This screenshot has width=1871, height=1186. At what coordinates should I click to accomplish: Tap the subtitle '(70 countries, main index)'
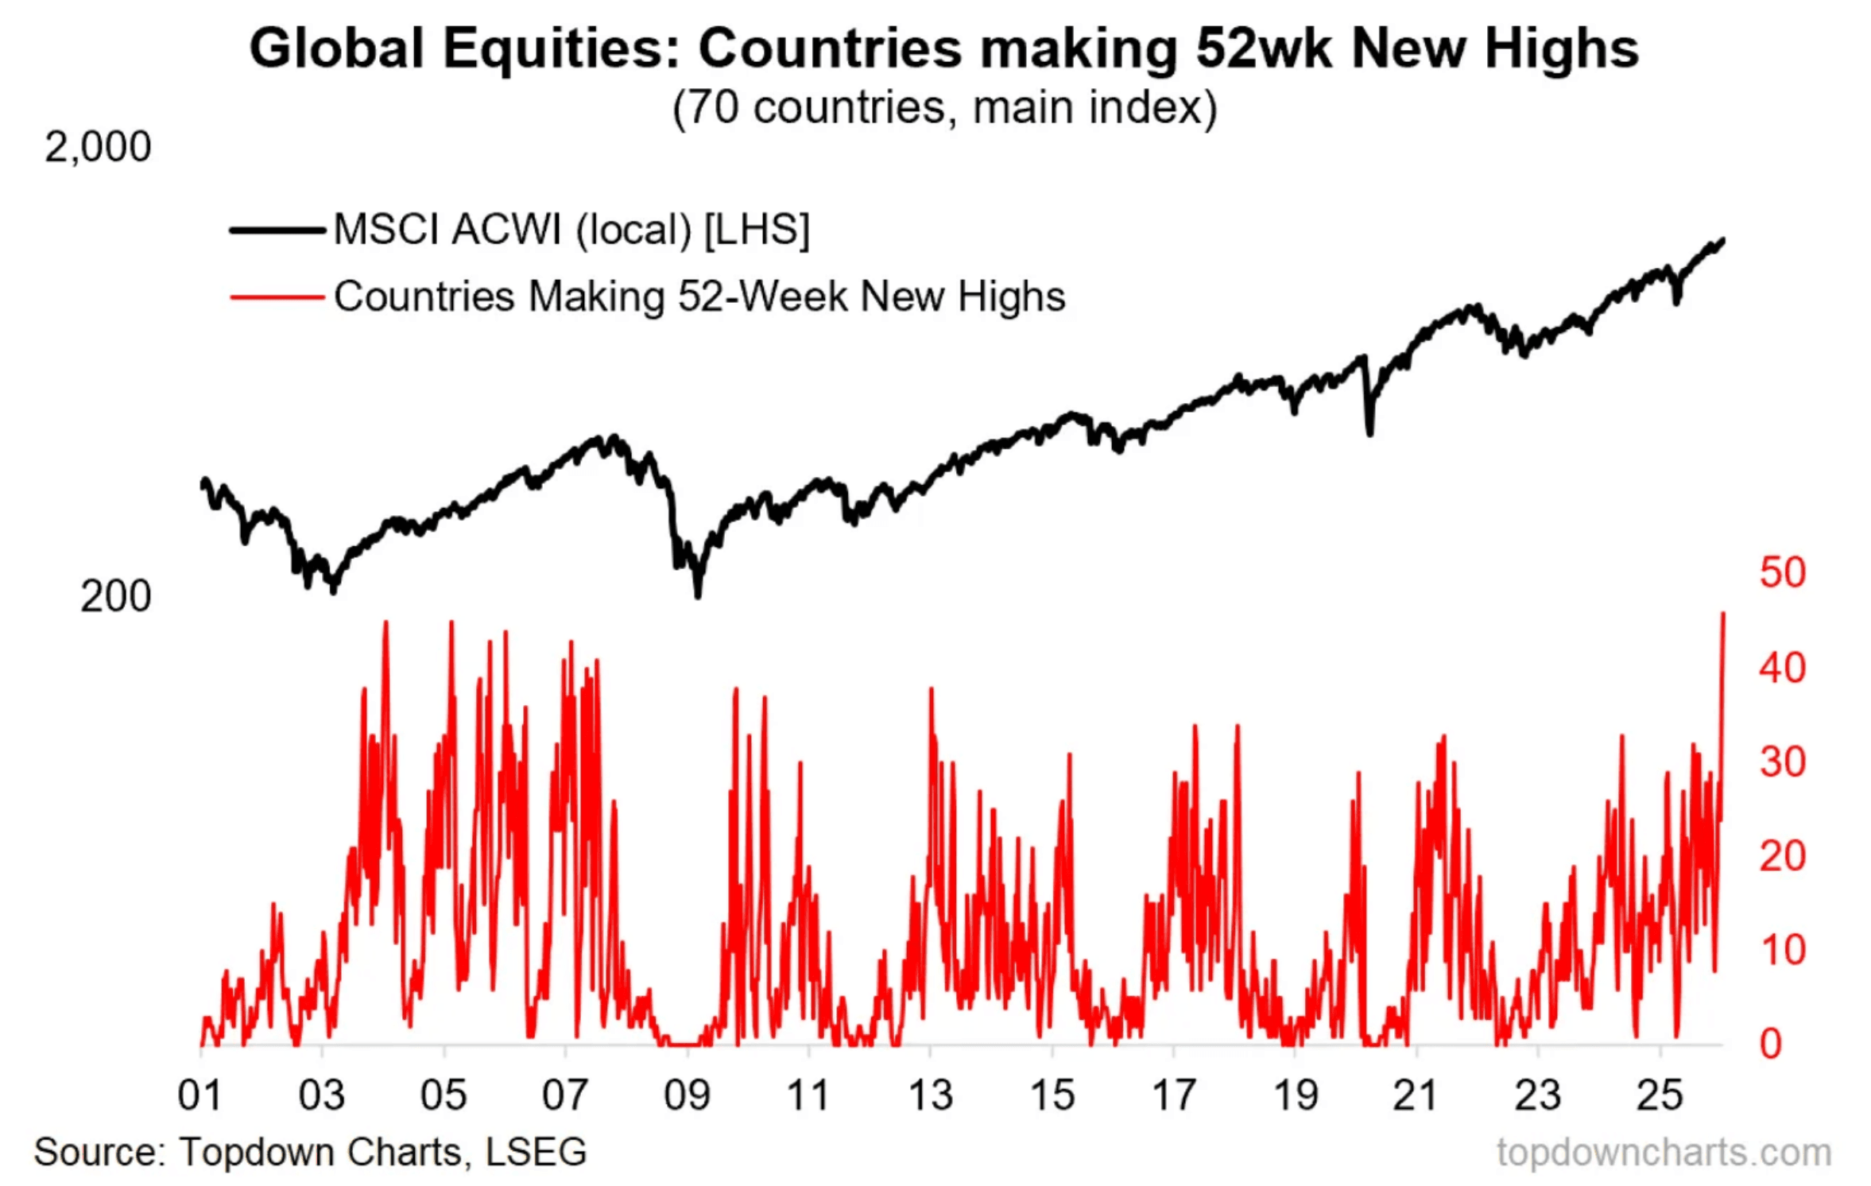point(944,107)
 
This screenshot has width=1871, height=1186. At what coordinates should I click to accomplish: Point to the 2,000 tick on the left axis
point(98,147)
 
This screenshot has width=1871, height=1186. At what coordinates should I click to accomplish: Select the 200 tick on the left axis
point(115,596)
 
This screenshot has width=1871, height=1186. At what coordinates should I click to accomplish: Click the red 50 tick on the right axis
point(1783,572)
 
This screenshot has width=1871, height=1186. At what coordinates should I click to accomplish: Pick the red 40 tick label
point(1783,668)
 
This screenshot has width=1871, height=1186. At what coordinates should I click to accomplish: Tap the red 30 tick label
point(1783,762)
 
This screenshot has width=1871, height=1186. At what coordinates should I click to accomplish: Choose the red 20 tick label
point(1783,856)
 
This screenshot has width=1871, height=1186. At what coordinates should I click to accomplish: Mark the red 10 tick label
point(1783,950)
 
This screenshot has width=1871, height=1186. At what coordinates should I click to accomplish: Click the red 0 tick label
point(1771,1044)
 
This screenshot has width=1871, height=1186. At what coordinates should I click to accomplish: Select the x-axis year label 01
point(199,1095)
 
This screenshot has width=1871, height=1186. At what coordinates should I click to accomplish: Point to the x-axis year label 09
point(687,1095)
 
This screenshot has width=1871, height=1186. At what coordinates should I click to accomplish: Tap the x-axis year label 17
point(1174,1095)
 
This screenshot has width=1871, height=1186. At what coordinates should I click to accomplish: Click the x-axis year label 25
point(1660,1095)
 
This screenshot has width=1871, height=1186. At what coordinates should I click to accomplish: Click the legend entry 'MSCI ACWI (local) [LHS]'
point(571,231)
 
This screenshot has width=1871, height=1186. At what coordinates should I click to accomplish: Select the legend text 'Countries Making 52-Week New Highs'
point(699,297)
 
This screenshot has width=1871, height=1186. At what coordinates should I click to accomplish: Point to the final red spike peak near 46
point(1723,614)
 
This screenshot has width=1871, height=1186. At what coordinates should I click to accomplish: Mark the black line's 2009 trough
point(698,595)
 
